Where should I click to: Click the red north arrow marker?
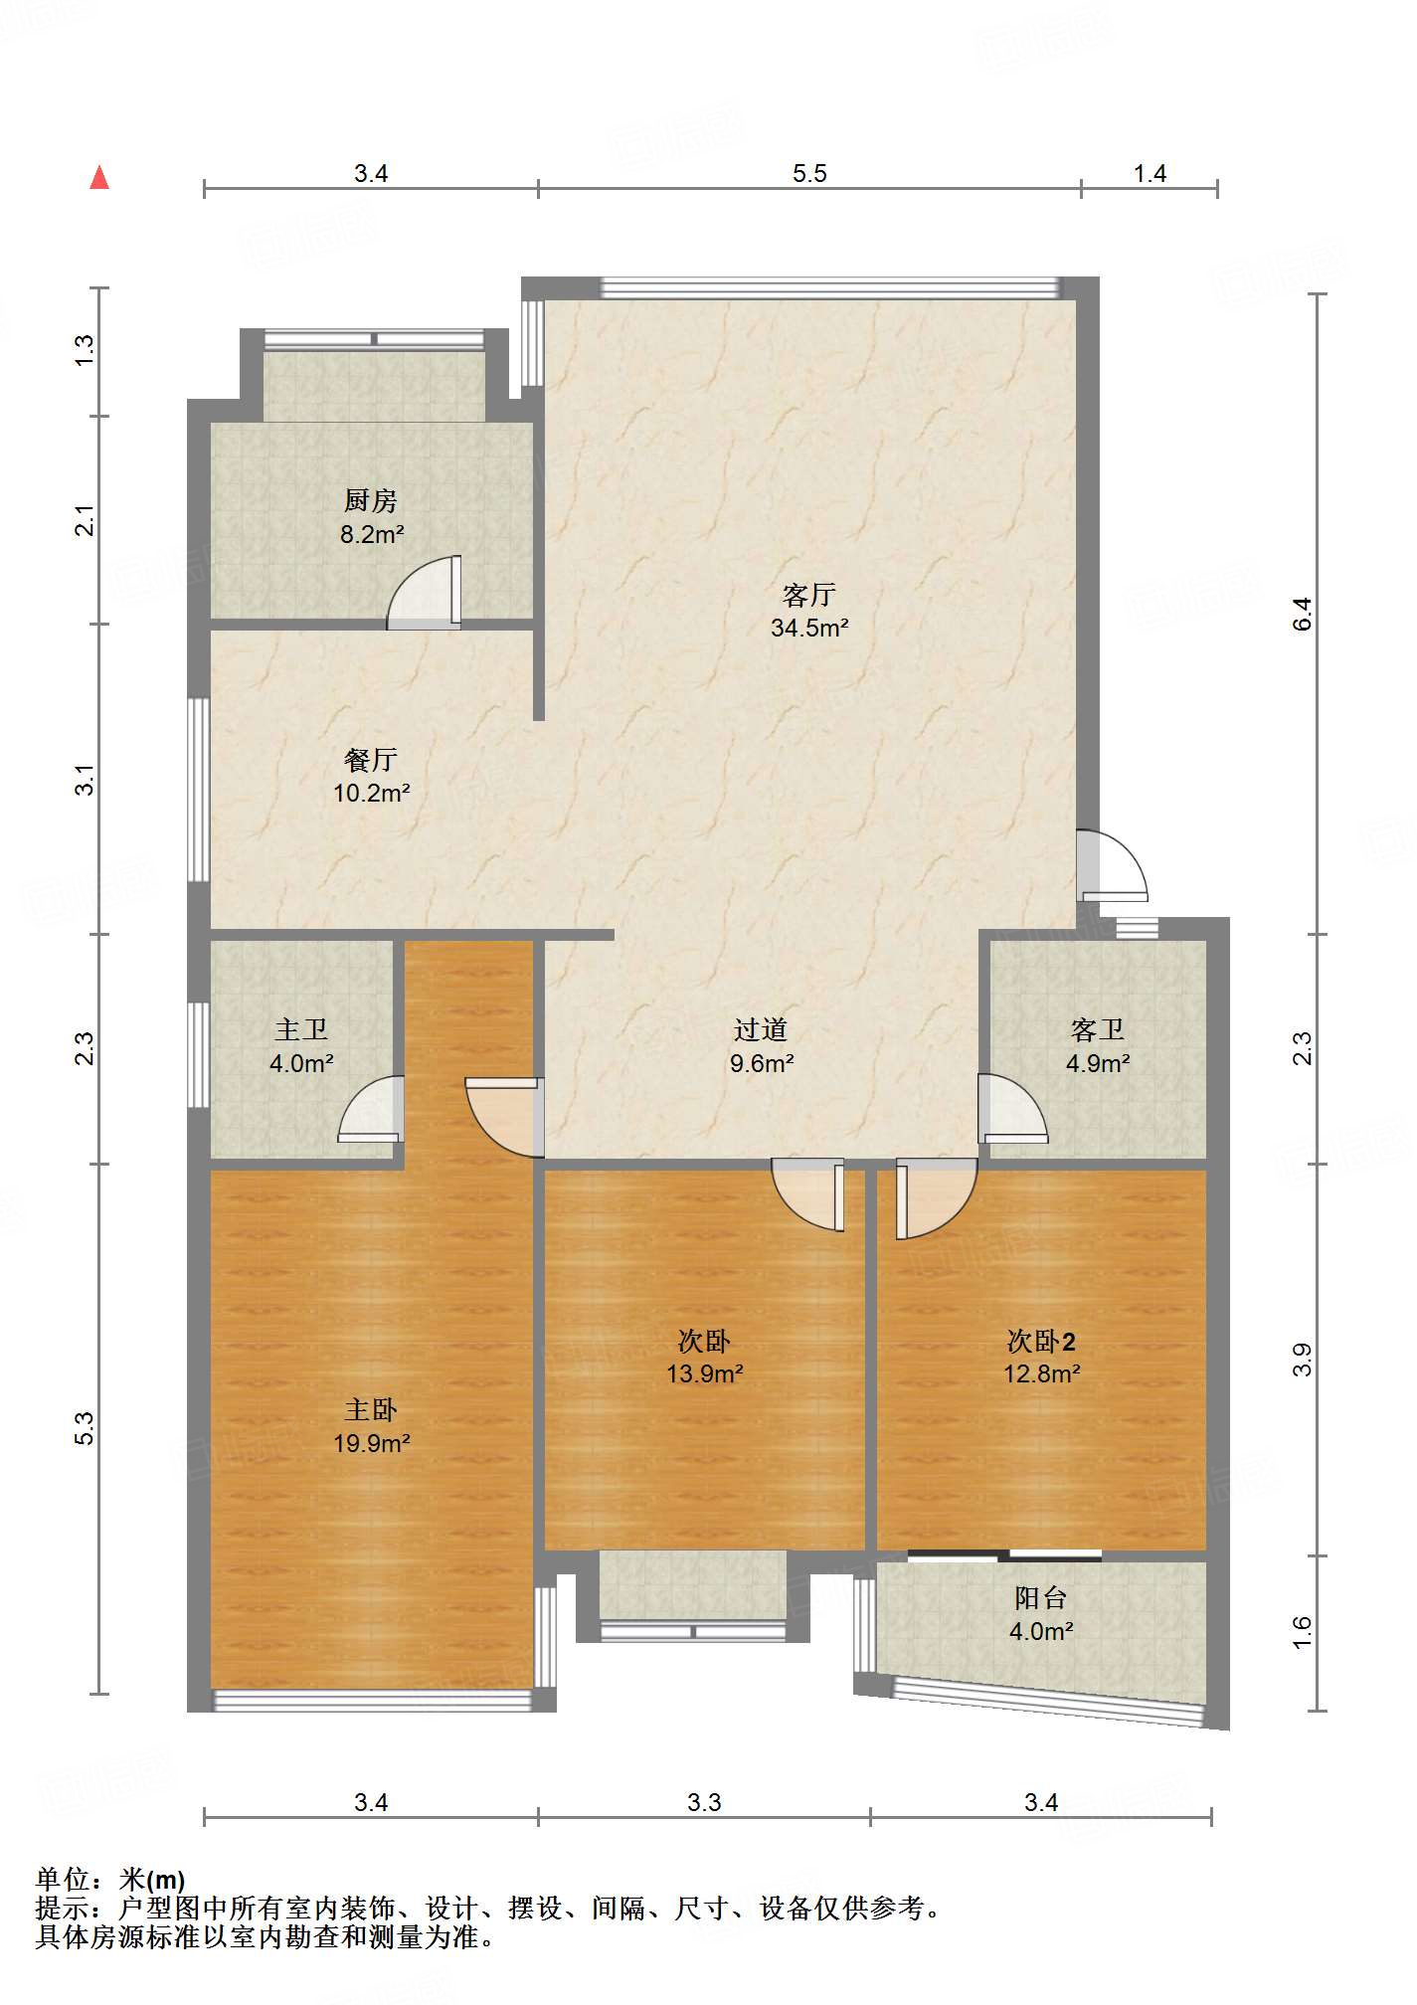point(99,178)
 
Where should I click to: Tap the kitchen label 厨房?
point(371,500)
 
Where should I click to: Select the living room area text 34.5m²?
point(809,628)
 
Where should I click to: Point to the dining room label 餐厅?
point(371,760)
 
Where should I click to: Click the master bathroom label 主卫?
point(301,1029)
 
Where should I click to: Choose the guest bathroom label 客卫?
point(1098,1029)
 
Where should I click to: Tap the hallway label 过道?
point(761,1029)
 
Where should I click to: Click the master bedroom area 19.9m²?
point(371,1443)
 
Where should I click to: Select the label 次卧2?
point(1041,1342)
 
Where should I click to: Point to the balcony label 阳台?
point(1041,1598)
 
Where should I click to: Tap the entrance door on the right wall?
point(1112,866)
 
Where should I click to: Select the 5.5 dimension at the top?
point(809,174)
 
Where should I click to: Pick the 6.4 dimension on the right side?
point(1303,614)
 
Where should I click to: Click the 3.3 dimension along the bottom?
point(704,1802)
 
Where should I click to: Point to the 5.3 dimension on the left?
point(86,1428)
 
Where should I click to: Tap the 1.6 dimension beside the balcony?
point(1303,1633)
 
